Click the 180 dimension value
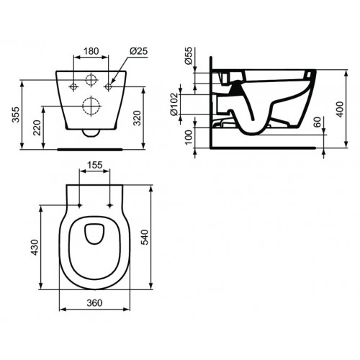pyautogui.click(x=91, y=52)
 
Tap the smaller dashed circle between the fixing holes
pyautogui.click(x=91, y=81)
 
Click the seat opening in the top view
pyautogui.click(x=94, y=233)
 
